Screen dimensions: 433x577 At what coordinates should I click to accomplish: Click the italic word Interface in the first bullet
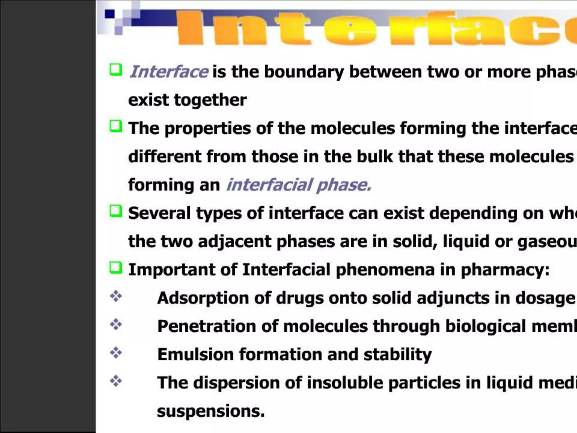point(168,72)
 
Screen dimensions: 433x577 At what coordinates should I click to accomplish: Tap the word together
point(210,100)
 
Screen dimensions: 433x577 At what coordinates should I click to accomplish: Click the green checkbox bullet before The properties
point(116,126)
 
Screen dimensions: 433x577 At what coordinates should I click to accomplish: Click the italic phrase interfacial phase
point(299,185)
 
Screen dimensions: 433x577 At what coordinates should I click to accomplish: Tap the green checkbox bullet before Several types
point(116,211)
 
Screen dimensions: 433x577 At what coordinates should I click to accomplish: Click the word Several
point(159,213)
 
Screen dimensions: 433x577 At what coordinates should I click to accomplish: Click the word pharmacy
point(504,270)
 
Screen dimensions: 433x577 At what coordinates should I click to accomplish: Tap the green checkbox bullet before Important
point(116,268)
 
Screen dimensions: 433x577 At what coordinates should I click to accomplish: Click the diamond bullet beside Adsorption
point(116,296)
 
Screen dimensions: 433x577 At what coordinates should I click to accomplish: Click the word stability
point(397,354)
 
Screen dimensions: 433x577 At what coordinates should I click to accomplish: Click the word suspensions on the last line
point(211,411)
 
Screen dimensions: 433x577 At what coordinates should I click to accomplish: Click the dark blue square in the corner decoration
point(110,14)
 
